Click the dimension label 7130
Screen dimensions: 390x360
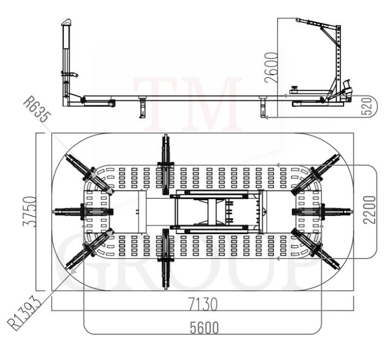pos(203,304)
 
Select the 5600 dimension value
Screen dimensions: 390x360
pos(204,327)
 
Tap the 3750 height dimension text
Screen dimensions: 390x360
pos(29,211)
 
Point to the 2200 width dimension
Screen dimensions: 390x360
pos(369,210)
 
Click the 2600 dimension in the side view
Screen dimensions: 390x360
pos(271,67)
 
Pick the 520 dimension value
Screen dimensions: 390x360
pos(368,106)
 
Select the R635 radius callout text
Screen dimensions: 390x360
pos(37,109)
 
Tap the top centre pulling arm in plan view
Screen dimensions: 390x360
pos(165,164)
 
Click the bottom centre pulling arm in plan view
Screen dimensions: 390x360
pos(165,259)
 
